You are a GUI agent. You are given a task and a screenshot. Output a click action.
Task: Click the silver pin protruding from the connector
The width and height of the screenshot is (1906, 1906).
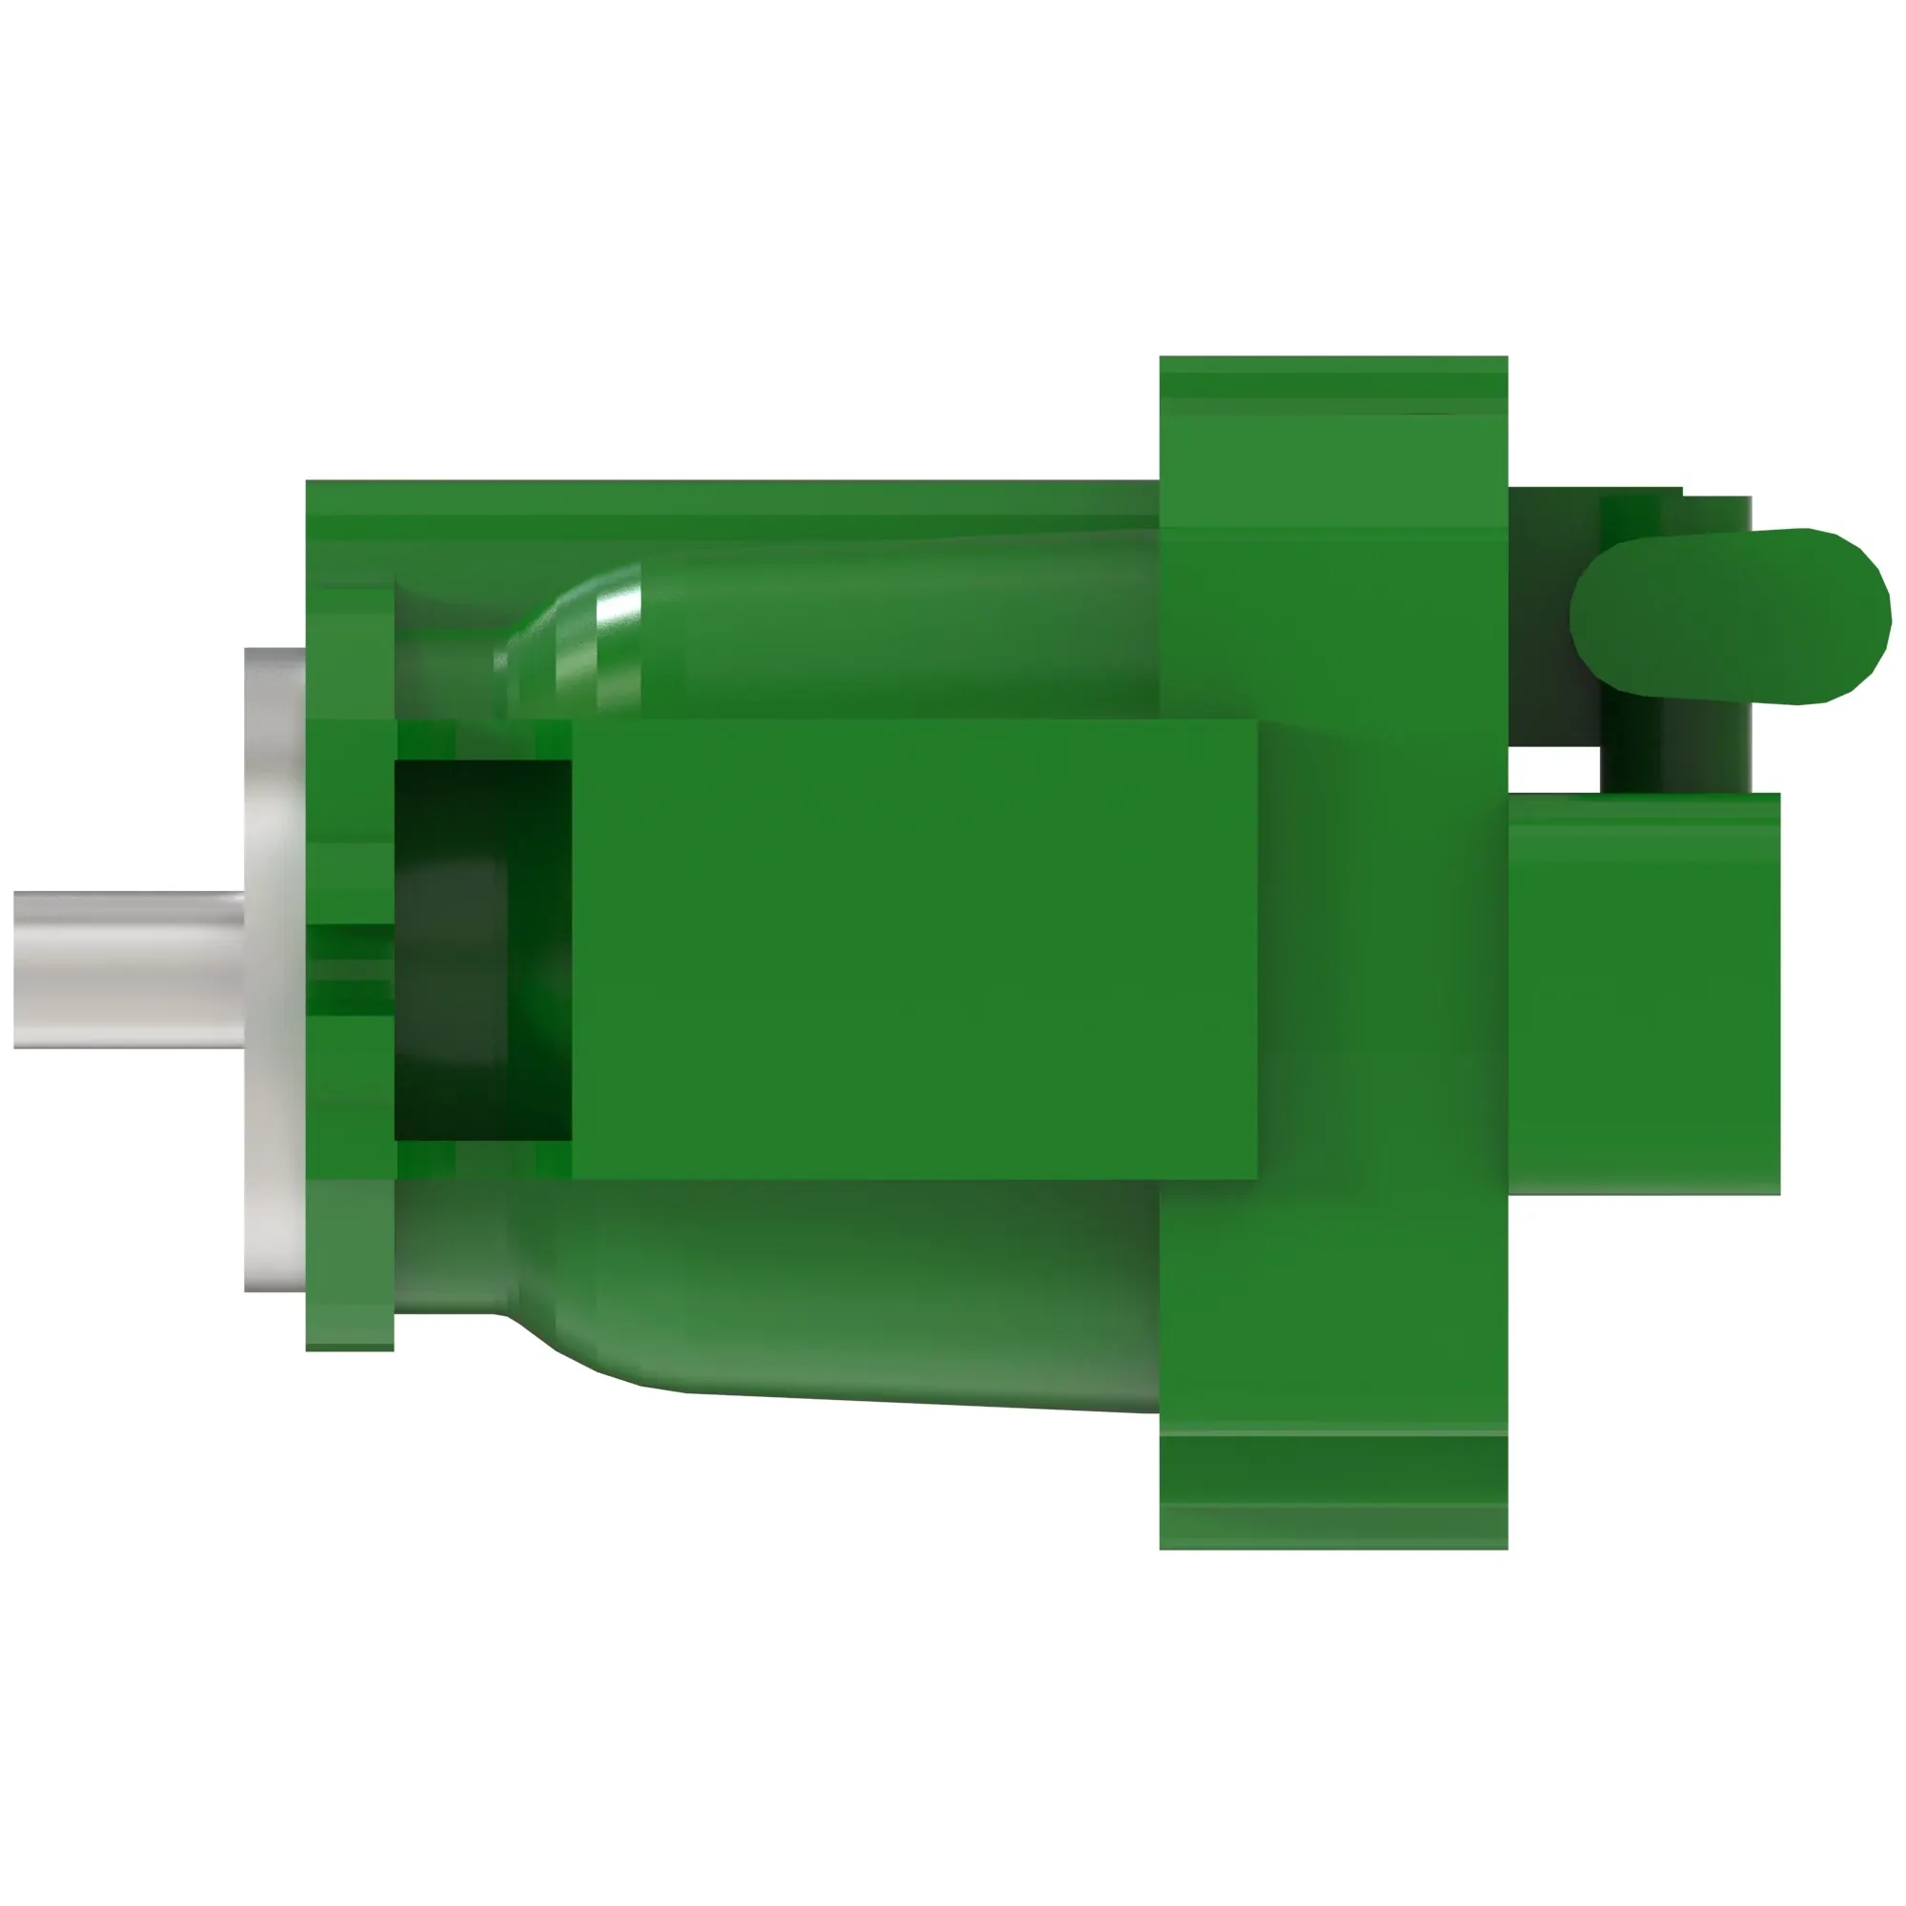[129, 970]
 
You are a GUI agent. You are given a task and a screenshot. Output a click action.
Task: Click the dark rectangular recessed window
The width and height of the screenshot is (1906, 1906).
[481, 949]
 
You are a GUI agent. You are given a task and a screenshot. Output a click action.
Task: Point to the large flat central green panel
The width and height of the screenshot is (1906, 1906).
[913, 949]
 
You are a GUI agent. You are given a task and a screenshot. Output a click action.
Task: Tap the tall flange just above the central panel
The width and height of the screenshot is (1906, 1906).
[1332, 632]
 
